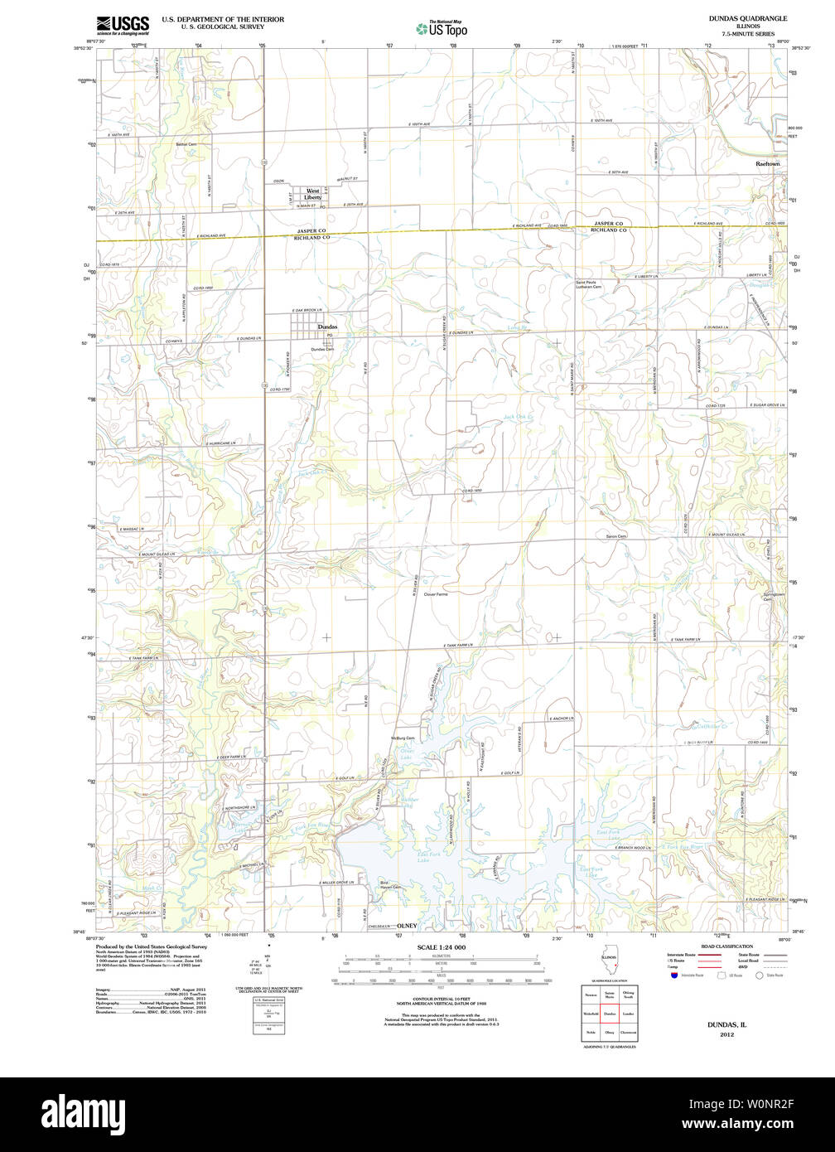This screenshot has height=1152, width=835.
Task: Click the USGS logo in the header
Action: coord(123,24)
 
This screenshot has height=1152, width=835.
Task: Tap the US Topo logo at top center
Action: coord(442,28)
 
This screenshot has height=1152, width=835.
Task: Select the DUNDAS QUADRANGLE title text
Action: coord(747,17)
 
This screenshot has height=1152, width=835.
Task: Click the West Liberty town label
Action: coord(312,194)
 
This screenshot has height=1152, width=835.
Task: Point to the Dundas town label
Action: coord(327,327)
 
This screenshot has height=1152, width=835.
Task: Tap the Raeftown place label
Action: coord(767,164)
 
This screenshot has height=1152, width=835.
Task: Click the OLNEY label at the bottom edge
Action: coord(407,925)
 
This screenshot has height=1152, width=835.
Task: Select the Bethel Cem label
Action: coord(186,144)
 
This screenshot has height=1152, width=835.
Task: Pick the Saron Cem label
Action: coord(615,536)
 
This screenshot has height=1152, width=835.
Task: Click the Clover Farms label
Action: coord(435,594)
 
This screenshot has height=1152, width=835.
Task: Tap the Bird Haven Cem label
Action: coord(389,884)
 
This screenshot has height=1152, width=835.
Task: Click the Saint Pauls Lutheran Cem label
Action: coord(595,285)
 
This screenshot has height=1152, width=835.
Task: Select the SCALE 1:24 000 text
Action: coord(441,947)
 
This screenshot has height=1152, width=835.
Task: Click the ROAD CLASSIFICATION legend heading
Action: coord(726,946)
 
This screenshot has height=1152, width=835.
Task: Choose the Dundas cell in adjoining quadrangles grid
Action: coord(609,1013)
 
